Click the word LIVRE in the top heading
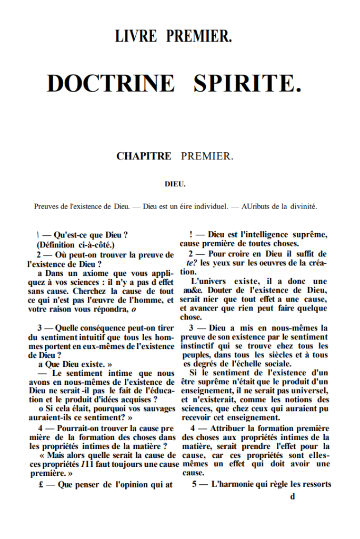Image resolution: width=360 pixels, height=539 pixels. pyautogui.click(x=136, y=36)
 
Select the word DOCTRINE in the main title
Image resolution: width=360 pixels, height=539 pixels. pyautogui.click(x=111, y=83)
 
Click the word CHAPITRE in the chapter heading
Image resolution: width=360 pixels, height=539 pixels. pyautogui.click(x=144, y=156)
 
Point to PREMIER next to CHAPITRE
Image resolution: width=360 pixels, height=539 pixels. pyautogui.click(x=207, y=156)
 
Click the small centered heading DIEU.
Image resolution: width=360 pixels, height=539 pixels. pyautogui.click(x=174, y=184)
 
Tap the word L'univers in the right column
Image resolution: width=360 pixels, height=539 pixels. pyautogui.click(x=208, y=282)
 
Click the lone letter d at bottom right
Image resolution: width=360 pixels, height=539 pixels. pyautogui.click(x=293, y=496)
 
